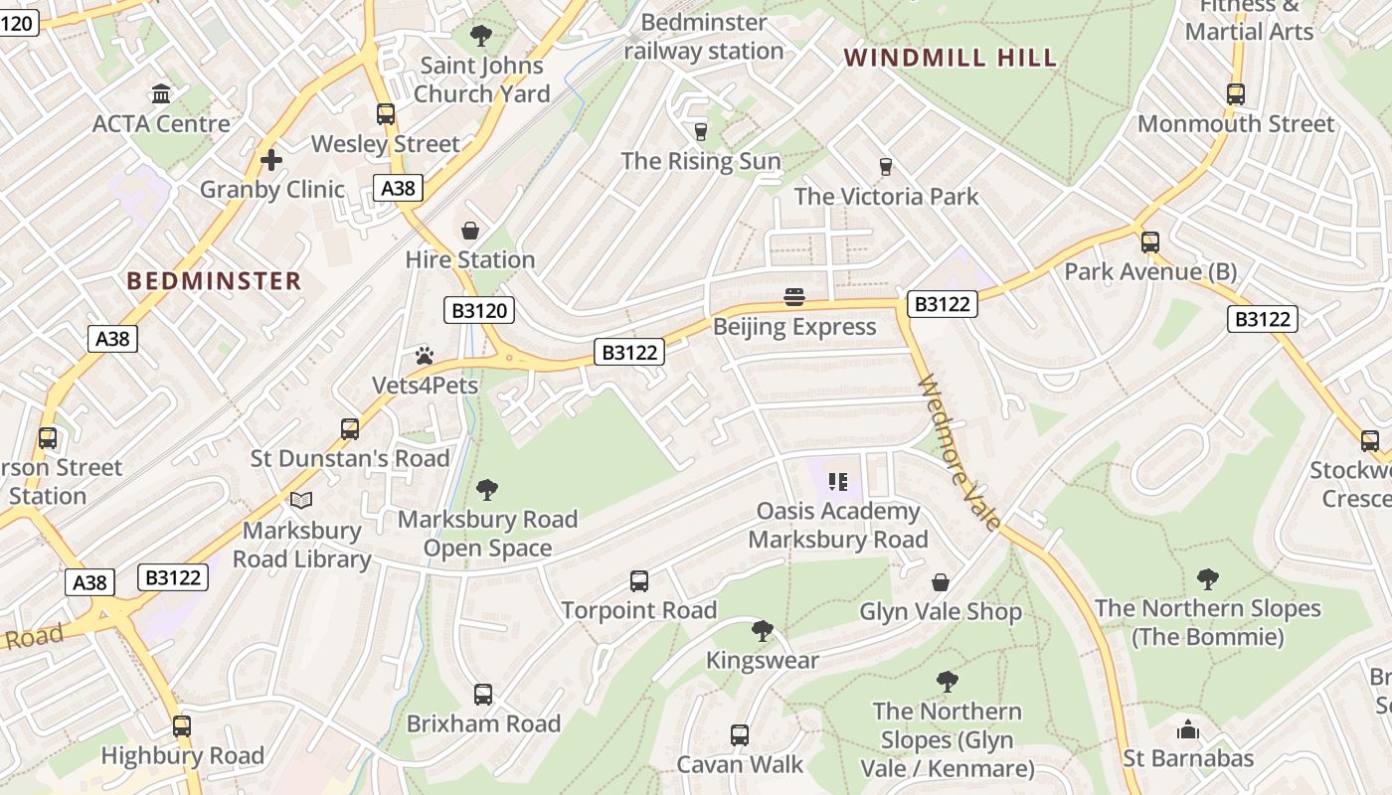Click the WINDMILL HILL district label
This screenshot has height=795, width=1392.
coord(950,58)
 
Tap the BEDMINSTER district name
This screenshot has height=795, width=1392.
coord(214,281)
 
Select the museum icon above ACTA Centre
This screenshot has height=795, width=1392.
coord(161,94)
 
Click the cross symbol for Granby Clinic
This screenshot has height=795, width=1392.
coord(271,159)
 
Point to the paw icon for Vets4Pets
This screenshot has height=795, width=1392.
coord(425,355)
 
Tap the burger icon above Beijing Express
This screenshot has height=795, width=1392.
coord(793,296)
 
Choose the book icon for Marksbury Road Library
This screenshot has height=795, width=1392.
coord(301,501)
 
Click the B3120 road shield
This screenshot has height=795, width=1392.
coord(479,310)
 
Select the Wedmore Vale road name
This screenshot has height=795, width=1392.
coord(959,452)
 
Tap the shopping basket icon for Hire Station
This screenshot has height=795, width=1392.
coord(469,231)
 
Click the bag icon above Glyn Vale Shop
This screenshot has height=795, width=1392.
coord(940,582)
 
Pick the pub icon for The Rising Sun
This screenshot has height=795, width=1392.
coord(700,131)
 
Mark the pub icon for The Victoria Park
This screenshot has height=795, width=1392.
coord(886,167)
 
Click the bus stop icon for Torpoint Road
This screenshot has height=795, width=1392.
coord(639,580)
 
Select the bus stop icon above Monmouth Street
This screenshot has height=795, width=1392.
coord(1235,94)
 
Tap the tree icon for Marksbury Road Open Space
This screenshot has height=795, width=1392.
coord(486,489)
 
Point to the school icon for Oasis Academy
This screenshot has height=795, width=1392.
coord(838,482)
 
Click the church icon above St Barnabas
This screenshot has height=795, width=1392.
coord(1187,730)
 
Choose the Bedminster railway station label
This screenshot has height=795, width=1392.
coord(704,37)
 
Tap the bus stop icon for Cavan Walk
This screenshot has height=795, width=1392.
coord(740,735)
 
